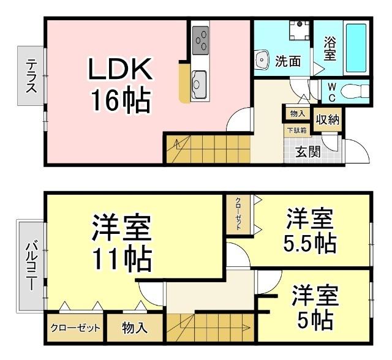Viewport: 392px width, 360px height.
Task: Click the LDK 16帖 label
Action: (x=120, y=86)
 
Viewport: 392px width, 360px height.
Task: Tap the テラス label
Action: (x=31, y=75)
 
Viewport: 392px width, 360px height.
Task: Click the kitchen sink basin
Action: (x=200, y=80)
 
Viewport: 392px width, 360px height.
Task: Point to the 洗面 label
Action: (x=288, y=61)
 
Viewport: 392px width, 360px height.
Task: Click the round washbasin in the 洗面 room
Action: (x=262, y=60)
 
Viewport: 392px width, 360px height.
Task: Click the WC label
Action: (x=331, y=92)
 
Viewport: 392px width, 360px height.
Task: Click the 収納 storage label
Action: (x=327, y=120)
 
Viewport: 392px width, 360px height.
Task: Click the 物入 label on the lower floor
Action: (x=135, y=328)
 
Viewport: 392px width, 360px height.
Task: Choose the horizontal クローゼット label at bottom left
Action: (x=75, y=328)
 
